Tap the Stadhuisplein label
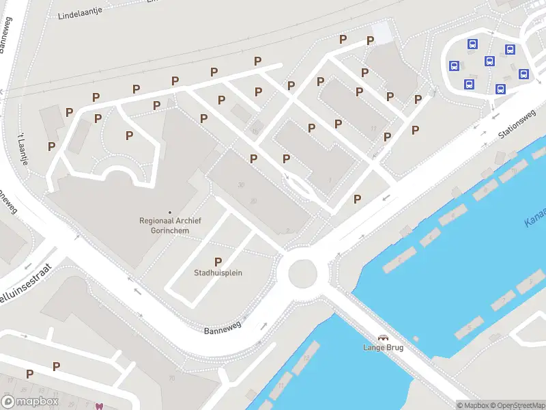tap(218, 273)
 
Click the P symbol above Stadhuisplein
tap(218, 262)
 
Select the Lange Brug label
tap(383, 348)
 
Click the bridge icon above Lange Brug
tap(384, 338)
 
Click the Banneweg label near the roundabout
tap(223, 329)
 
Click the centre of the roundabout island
tap(303, 275)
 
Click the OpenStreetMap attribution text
tap(519, 405)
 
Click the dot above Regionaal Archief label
tap(169, 213)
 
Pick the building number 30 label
tap(242, 185)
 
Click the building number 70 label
tap(172, 378)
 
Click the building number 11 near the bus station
tap(373, 128)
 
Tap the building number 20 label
tap(253, 201)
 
